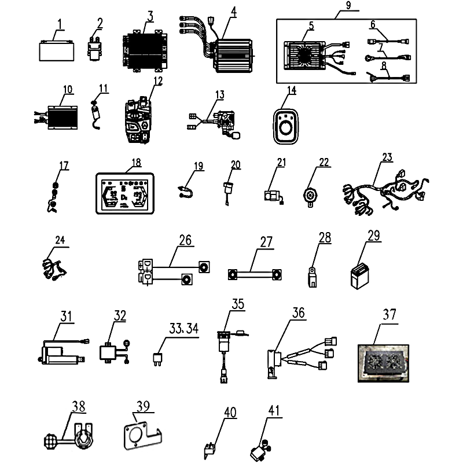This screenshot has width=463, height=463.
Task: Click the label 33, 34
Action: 183,328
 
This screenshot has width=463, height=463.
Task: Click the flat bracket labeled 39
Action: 139,433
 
